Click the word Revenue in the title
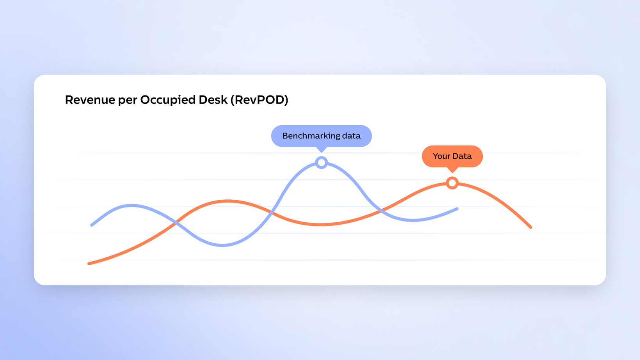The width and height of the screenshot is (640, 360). pyautogui.click(x=90, y=100)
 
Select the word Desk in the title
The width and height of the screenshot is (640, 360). pyautogui.click(x=213, y=100)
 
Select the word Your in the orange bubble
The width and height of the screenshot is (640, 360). pyautogui.click(x=441, y=156)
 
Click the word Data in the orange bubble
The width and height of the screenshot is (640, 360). pyautogui.click(x=462, y=156)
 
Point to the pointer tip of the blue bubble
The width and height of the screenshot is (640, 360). pyautogui.click(x=322, y=152)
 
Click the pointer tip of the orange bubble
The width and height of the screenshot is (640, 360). pyautogui.click(x=452, y=172)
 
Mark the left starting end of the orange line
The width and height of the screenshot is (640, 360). pyautogui.click(x=89, y=264)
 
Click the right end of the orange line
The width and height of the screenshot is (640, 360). pyautogui.click(x=531, y=227)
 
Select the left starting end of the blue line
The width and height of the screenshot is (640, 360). pyautogui.click(x=91, y=225)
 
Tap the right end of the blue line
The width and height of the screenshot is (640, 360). pyautogui.click(x=457, y=209)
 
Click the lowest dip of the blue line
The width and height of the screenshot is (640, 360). pyautogui.click(x=222, y=245)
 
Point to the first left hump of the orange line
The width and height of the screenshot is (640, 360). pyautogui.click(x=227, y=201)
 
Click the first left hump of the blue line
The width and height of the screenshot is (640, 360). pyautogui.click(x=132, y=205)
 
